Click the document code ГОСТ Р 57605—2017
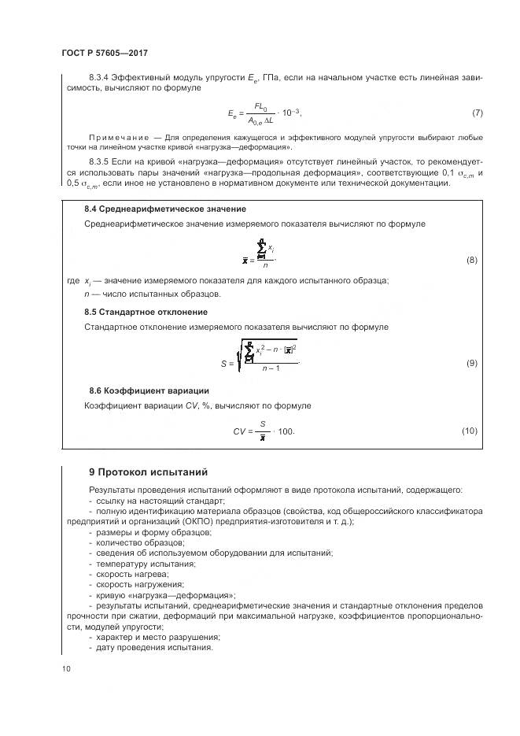(x=105, y=53)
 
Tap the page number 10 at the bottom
(x=66, y=669)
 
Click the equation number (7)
(x=477, y=113)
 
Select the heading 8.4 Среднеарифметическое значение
(x=164, y=209)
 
